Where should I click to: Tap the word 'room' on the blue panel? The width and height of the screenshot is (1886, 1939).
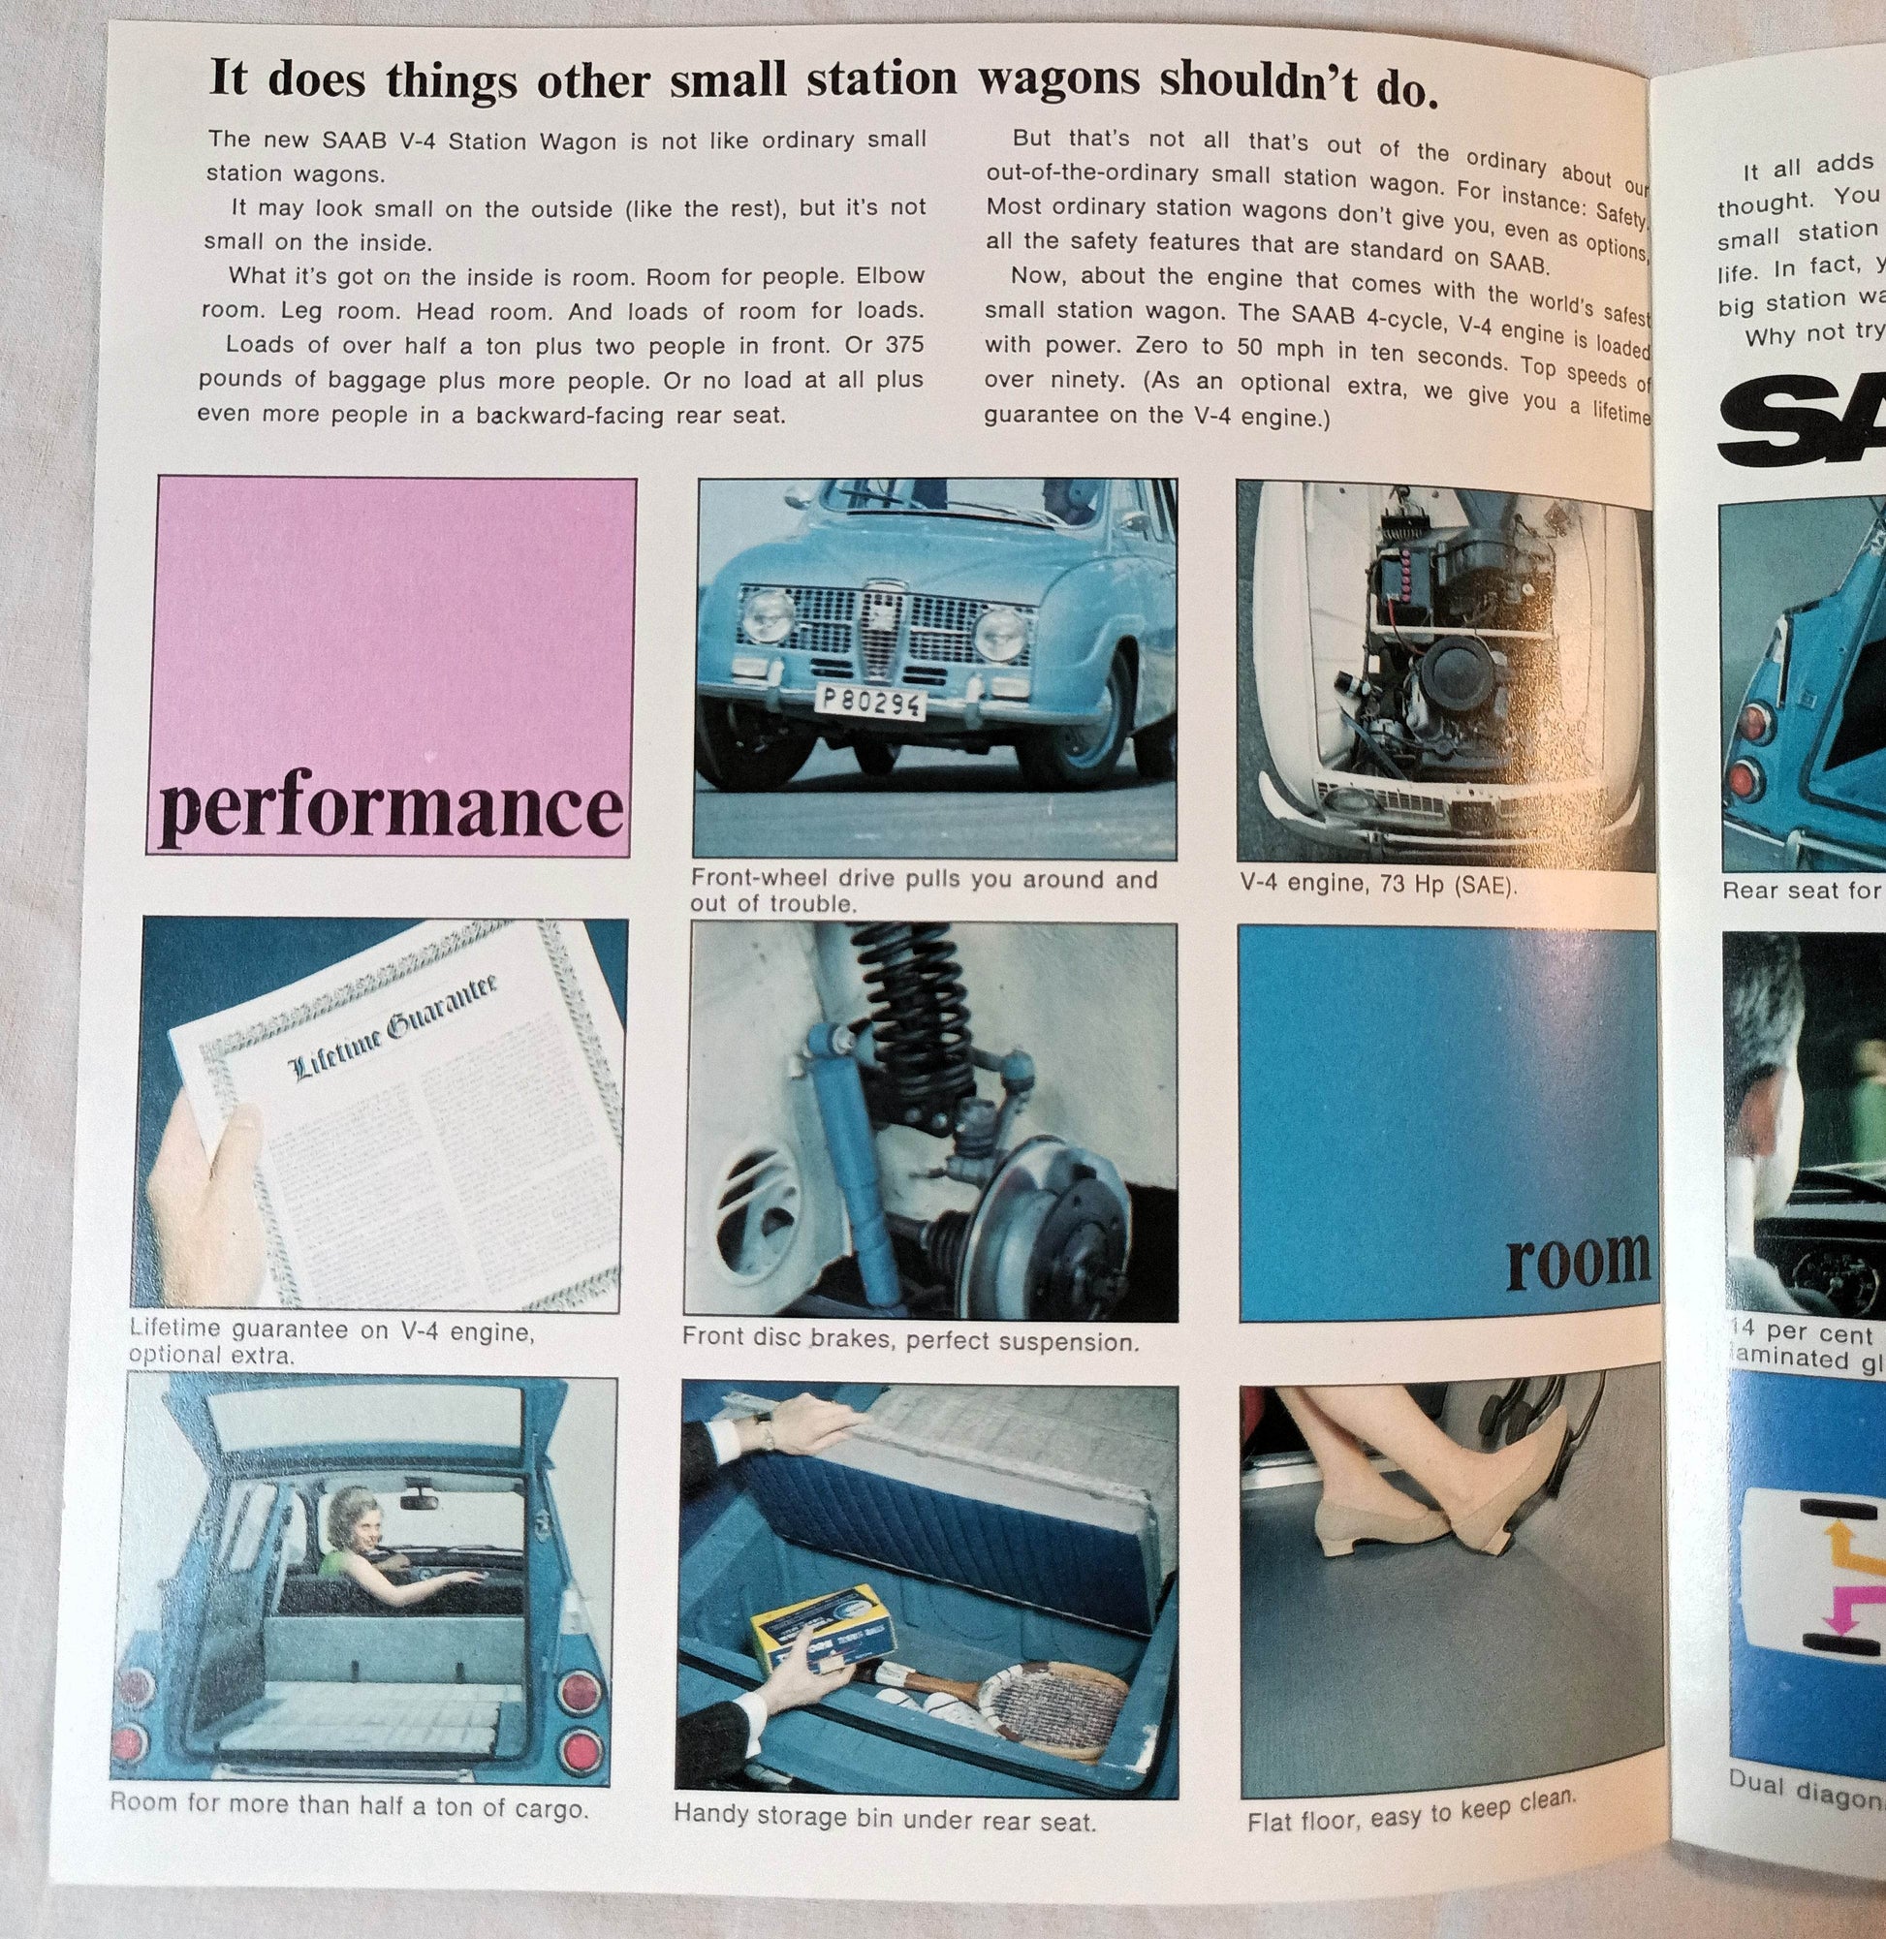pos(1577,1262)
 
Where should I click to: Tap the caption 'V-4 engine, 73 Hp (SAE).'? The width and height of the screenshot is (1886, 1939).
pos(1378,884)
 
